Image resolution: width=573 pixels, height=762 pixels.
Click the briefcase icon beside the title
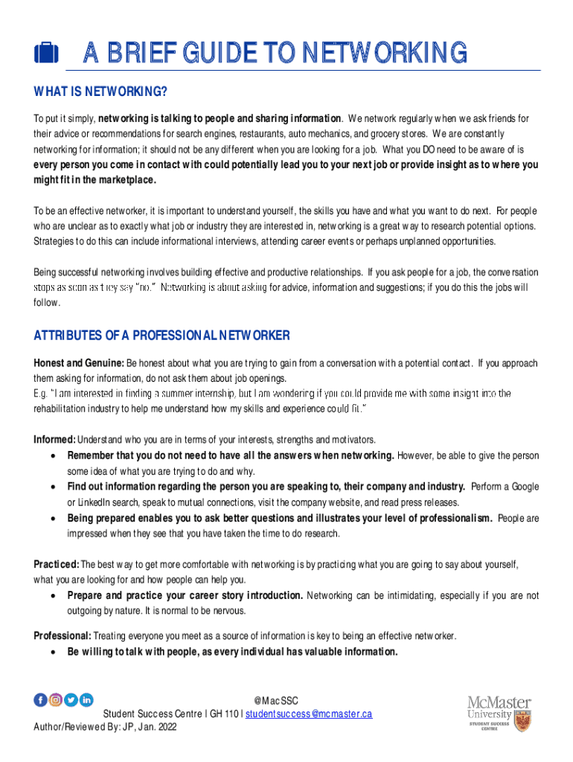tap(46, 53)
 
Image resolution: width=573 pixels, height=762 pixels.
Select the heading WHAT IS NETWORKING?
tap(100, 92)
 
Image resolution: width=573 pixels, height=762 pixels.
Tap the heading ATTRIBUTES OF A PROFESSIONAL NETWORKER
tap(161, 336)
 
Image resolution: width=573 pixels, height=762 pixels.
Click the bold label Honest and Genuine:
tap(78, 363)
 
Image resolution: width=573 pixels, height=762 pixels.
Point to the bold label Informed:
tap(54, 439)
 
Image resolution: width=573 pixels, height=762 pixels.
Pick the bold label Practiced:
tap(56, 564)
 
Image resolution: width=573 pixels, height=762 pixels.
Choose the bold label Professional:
tap(63, 635)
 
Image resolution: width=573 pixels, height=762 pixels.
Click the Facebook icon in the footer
tap(40, 699)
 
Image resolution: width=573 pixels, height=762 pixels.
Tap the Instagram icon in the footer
tap(55, 699)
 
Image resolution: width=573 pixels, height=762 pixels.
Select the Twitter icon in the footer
tap(71, 699)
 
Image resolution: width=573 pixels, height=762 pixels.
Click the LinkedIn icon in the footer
tap(86, 699)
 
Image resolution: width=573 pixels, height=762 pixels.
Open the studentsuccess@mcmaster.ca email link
tap(308, 714)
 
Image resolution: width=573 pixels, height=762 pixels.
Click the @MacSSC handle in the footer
tap(275, 700)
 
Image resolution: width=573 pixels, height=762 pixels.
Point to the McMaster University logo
tap(499, 712)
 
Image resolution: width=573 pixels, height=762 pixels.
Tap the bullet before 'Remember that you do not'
tap(51, 455)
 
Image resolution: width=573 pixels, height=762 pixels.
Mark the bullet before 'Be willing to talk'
tap(51, 652)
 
